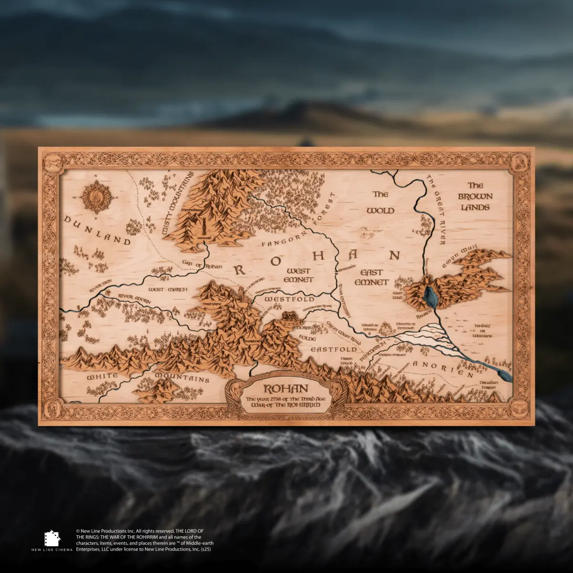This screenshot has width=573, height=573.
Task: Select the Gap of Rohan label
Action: click(x=203, y=265)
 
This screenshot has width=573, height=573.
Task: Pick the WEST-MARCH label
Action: click(x=168, y=289)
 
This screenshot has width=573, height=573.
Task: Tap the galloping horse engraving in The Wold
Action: click(x=369, y=233)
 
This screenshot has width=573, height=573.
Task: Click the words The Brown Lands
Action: click(x=475, y=196)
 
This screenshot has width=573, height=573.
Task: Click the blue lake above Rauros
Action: click(x=431, y=297)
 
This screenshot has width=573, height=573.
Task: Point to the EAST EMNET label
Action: click(x=371, y=277)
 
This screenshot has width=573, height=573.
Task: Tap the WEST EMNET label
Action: click(x=299, y=276)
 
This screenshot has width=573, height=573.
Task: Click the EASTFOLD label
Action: click(x=328, y=350)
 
